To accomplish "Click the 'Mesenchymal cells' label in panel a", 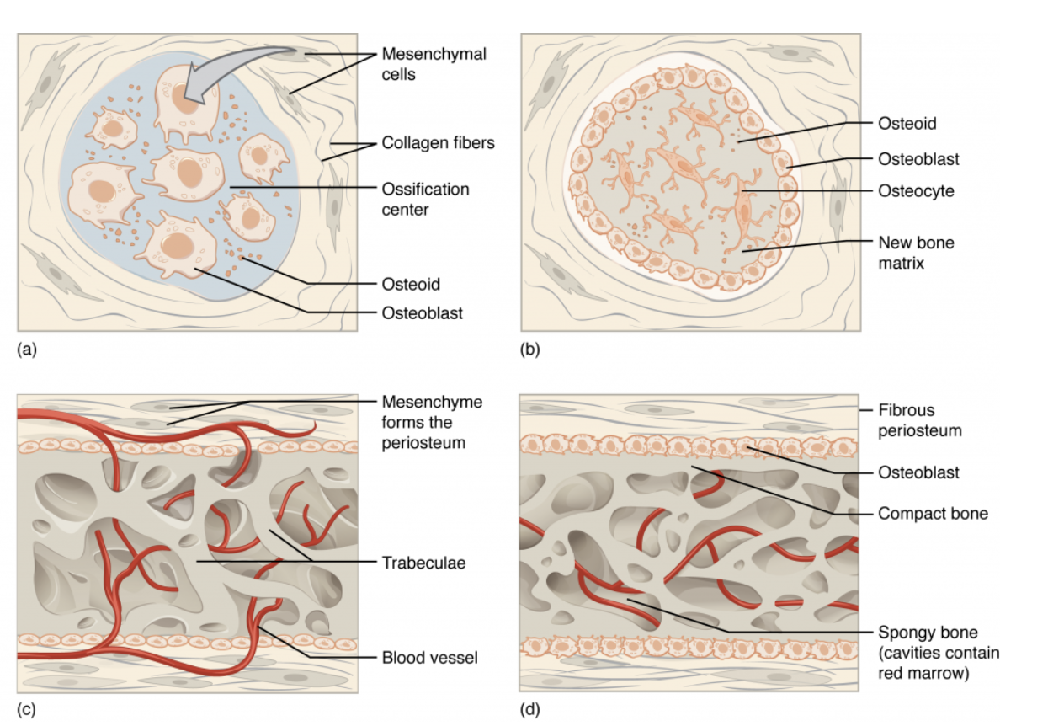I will (434, 64).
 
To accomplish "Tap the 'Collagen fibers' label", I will (438, 143).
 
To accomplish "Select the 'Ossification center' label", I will (425, 199).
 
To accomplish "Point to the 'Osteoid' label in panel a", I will (411, 285).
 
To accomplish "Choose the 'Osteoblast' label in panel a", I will (422, 313).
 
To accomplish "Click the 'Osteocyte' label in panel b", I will (916, 191).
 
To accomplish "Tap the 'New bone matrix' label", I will (916, 252).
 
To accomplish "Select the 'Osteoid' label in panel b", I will (907, 124).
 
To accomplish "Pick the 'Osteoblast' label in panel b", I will (918, 158).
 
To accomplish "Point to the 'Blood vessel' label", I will (429, 657).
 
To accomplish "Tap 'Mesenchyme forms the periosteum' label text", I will (432, 422).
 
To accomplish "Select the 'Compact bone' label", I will (933, 513).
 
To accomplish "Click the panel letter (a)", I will (27, 346).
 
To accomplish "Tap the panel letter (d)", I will (529, 709).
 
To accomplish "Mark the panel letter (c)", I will (27, 709).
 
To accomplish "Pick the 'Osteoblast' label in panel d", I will (918, 472).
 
